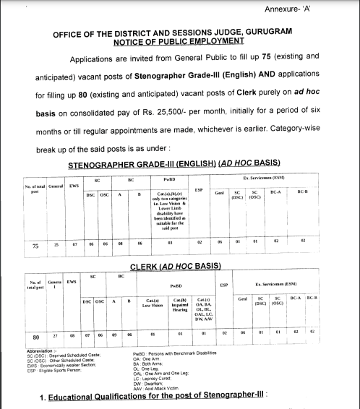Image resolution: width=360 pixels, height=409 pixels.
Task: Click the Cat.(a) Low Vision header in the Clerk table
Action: [150, 302]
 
